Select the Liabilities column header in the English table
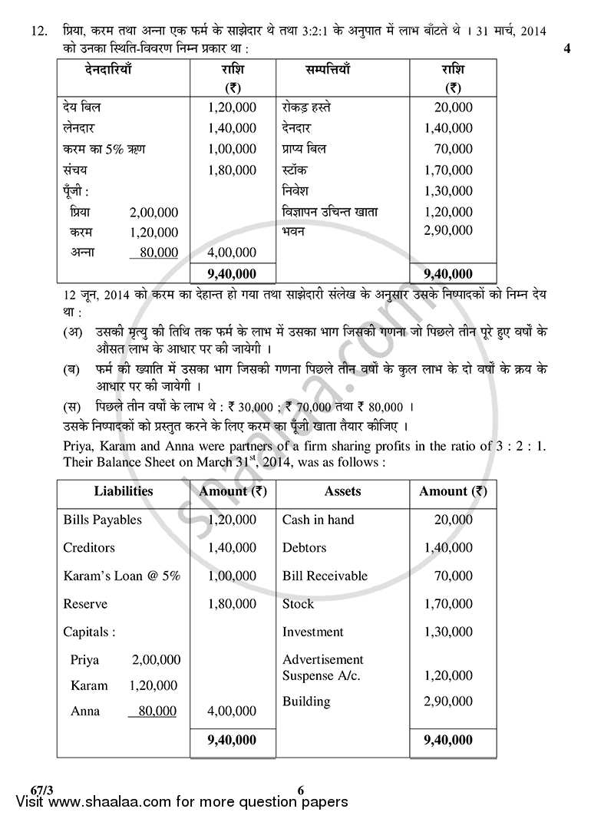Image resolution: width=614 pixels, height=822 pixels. pos(124,491)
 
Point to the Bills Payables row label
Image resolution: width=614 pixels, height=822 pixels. pos(102,520)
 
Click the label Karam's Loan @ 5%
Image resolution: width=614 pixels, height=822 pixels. pos(121,576)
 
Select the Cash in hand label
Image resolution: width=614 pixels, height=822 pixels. pos(318,520)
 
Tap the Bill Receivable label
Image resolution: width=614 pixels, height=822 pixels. pos(325,576)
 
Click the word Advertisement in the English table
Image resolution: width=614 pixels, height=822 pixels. pos(322,659)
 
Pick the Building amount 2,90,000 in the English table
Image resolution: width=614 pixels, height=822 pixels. pos(448,702)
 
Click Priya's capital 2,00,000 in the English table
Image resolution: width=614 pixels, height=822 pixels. pos(156,659)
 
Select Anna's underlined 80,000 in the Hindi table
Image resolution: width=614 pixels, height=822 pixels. pos(153,253)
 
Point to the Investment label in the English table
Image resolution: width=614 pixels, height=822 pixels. pos(312,632)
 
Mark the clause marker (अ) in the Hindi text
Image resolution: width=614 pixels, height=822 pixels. pos(71,332)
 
